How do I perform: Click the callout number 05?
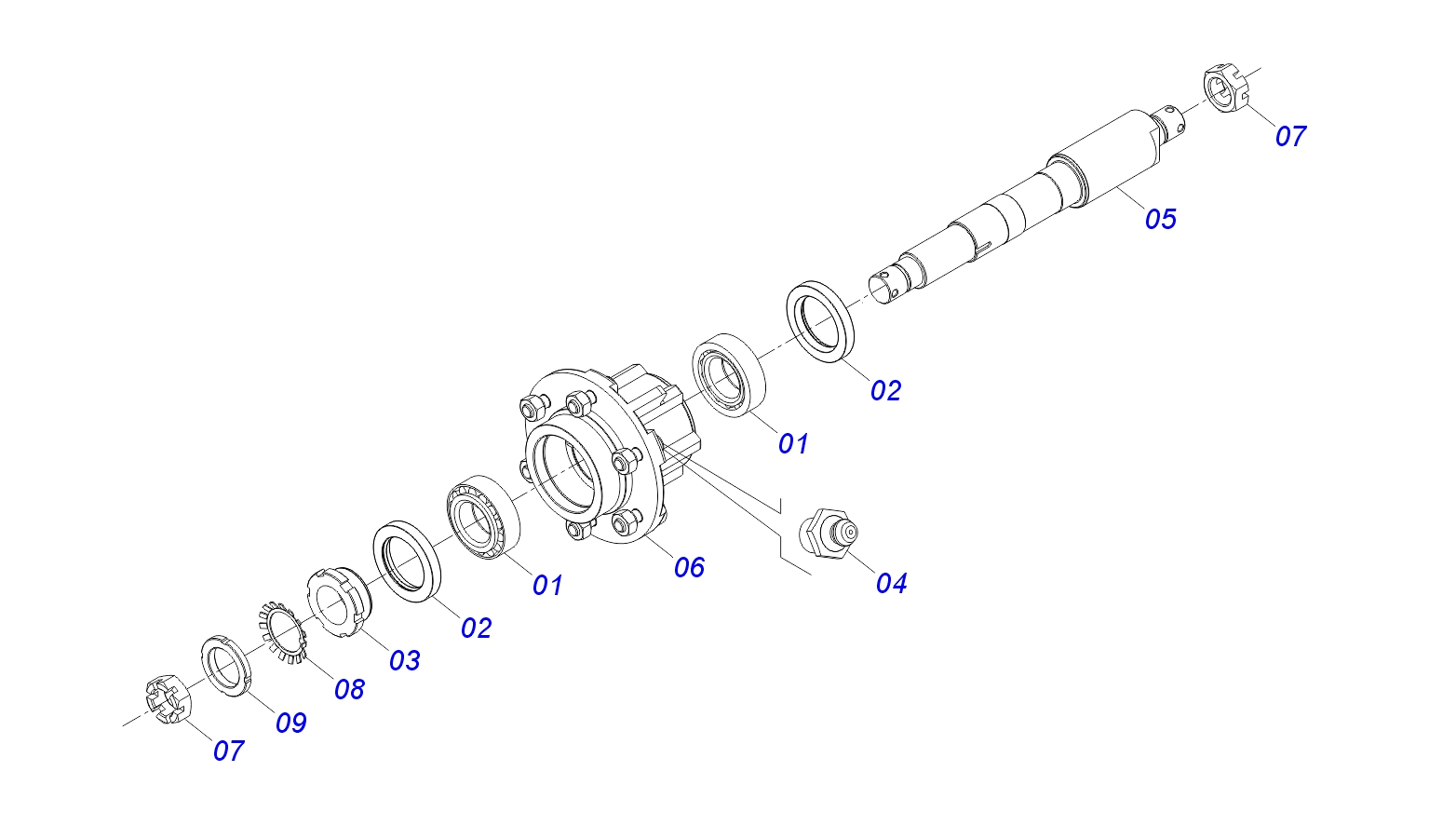pos(1161,219)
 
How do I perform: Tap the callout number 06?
pos(689,567)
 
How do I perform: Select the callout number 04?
pos(891,583)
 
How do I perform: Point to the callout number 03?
pos(404,661)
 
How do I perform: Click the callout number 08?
pos(350,690)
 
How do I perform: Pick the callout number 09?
pos(290,723)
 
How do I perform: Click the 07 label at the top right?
pos(1290,137)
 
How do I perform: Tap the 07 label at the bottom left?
pos(228,751)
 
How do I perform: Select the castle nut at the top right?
pos(1225,88)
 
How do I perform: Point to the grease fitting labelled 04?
pos(828,534)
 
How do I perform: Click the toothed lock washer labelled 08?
pos(283,632)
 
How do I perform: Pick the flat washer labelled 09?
pos(226,666)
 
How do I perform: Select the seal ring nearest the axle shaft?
pos(820,321)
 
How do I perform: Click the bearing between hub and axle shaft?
pos(729,375)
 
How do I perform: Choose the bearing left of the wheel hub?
pos(483,518)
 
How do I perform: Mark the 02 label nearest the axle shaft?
pos(885,390)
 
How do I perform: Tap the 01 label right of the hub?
pos(793,443)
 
